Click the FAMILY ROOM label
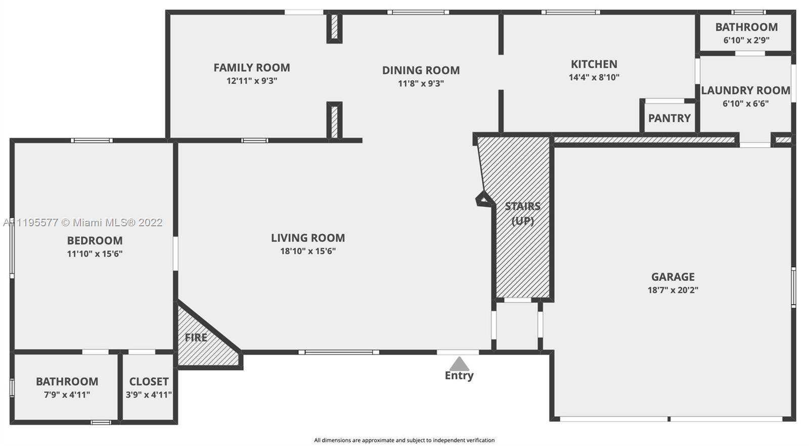coord(252,68)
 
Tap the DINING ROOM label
coord(421,70)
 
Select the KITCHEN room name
coord(594,64)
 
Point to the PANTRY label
coord(669,118)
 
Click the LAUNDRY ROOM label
coord(746,90)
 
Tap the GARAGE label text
coord(673,277)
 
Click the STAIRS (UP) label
coord(523,214)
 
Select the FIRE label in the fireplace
coord(196,338)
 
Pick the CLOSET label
coord(149,382)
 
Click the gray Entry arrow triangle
coord(459,364)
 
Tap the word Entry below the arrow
coord(459,376)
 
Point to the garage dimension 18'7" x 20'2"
coord(673,290)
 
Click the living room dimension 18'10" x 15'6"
coord(308,251)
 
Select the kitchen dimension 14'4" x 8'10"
coord(594,77)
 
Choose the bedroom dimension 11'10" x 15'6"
coord(95,254)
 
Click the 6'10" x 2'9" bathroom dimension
coord(746,40)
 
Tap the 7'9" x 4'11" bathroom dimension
coord(67,395)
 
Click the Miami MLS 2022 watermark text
coord(83,223)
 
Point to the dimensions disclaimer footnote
coord(404,440)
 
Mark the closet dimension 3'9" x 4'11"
coord(149,395)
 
